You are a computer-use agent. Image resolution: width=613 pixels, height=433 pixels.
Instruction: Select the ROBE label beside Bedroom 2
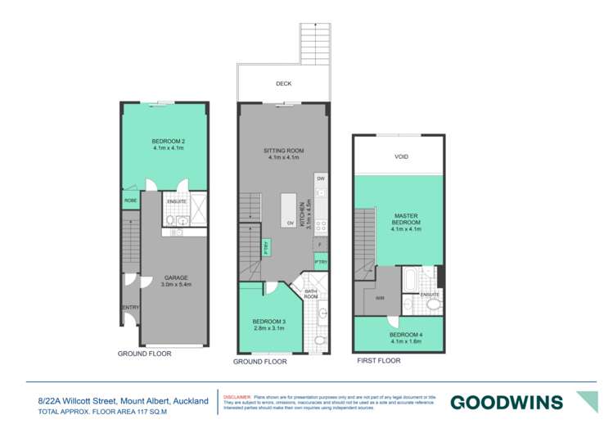(x=130, y=200)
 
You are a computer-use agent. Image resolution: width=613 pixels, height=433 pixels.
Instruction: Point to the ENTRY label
(x=130, y=307)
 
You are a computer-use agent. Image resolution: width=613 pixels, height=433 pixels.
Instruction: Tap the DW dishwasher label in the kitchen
(x=321, y=178)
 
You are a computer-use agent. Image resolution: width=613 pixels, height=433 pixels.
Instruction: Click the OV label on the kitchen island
(x=289, y=223)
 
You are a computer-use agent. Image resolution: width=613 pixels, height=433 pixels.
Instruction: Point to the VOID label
(x=400, y=156)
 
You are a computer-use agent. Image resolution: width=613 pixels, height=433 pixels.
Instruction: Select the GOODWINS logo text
(x=507, y=402)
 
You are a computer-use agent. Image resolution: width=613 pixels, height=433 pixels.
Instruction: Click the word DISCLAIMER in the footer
(x=237, y=395)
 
